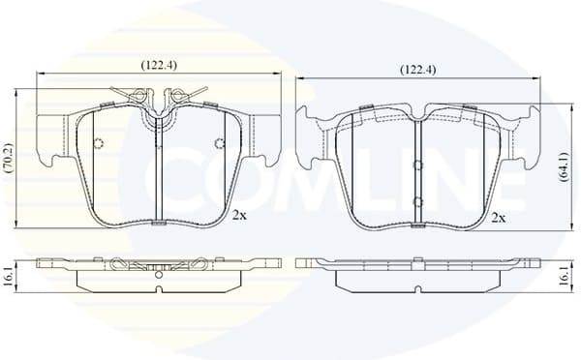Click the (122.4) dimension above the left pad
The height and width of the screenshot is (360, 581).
[x=159, y=65]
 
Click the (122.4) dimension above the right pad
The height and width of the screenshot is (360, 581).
[x=418, y=70]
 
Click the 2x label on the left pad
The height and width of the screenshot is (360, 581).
[x=239, y=217]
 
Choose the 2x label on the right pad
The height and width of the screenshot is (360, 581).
[x=499, y=218]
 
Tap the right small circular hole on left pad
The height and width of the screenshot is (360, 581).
[x=219, y=144]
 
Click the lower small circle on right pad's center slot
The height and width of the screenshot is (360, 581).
[x=416, y=201]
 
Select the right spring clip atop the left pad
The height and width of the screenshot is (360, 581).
[x=186, y=97]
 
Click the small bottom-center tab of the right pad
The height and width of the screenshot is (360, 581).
[x=416, y=227]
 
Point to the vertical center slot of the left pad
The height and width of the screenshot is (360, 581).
[x=159, y=169]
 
